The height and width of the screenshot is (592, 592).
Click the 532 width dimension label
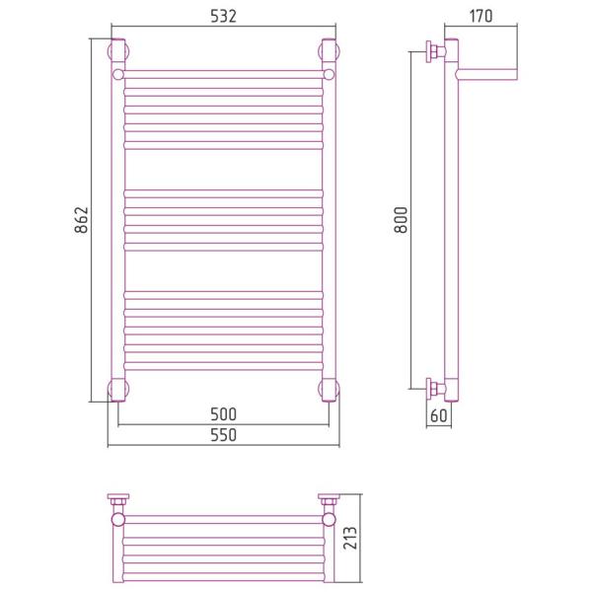point(223,16)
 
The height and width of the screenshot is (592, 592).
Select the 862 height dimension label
point(81,220)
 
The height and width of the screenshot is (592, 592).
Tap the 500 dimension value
point(224,414)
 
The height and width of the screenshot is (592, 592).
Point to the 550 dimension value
point(224,435)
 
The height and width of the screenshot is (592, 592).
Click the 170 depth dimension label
point(481,16)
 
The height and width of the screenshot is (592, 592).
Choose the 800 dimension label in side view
point(401,220)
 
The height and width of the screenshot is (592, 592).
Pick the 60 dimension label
point(439,415)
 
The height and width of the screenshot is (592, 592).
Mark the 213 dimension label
point(350,539)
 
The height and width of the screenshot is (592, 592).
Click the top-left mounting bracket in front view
point(118,50)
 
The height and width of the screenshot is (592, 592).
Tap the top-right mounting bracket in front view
point(330,50)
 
